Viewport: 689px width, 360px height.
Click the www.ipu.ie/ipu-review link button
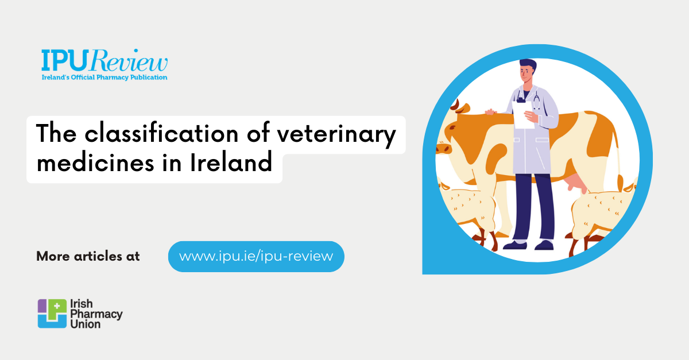point(256,256)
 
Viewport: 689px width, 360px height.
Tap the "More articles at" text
point(88,256)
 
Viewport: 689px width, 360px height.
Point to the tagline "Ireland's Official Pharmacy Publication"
point(104,77)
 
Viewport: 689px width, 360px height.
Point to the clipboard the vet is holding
point(522,115)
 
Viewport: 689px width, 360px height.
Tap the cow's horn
point(455,104)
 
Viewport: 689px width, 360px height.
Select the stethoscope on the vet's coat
point(537,100)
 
